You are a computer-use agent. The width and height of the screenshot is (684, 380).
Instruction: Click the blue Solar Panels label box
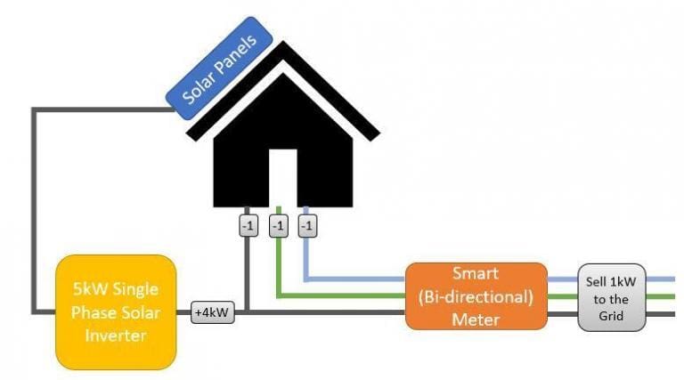(x=219, y=68)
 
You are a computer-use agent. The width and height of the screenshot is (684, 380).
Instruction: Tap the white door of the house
(x=282, y=178)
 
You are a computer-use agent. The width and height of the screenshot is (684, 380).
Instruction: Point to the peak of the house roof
(x=283, y=42)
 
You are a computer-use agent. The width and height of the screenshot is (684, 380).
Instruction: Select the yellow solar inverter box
(x=116, y=312)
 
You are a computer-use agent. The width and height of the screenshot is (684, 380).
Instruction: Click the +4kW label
(x=213, y=312)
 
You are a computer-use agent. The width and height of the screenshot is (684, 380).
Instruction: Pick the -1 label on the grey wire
(x=248, y=226)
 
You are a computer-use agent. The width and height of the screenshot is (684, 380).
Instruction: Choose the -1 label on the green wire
(x=278, y=226)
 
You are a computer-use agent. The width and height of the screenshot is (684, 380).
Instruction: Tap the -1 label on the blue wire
(x=307, y=226)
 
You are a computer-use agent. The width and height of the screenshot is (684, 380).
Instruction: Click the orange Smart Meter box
(x=476, y=296)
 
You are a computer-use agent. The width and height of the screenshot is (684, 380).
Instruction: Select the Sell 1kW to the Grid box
(x=611, y=297)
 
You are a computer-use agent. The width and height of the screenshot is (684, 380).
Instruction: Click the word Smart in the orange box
(x=475, y=274)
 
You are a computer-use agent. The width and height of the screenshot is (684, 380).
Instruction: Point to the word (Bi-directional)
(x=476, y=297)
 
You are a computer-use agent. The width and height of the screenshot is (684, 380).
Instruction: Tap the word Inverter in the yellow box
(x=116, y=336)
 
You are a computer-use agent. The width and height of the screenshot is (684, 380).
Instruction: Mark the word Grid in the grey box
(x=611, y=316)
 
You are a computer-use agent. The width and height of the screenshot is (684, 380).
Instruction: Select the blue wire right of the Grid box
(x=660, y=279)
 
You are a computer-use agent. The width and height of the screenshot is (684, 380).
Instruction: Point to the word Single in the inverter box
(x=135, y=290)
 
